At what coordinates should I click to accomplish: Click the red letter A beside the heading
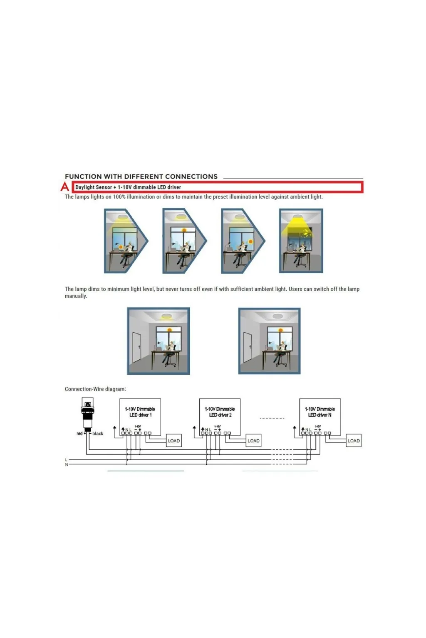[x=64, y=187]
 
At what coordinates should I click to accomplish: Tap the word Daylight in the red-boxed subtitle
[x=85, y=187]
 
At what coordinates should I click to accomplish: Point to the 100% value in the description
[x=119, y=197]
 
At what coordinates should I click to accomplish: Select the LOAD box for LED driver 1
[x=174, y=441]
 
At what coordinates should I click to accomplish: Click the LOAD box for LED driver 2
[x=253, y=441]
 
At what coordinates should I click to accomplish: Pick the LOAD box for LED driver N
[x=354, y=441]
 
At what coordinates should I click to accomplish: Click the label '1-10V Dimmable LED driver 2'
[x=220, y=412]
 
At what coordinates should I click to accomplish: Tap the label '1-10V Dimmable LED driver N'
[x=320, y=412]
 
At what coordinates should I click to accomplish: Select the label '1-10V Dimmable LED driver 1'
[x=140, y=412]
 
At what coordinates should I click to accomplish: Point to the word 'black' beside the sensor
[x=98, y=434]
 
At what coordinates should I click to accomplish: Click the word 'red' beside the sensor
[x=79, y=434]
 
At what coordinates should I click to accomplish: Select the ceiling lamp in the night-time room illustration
[x=301, y=216]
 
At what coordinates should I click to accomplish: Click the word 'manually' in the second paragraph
[x=75, y=296]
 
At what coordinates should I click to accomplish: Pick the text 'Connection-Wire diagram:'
[x=95, y=389]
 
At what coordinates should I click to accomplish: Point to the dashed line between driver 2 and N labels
[x=272, y=418]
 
